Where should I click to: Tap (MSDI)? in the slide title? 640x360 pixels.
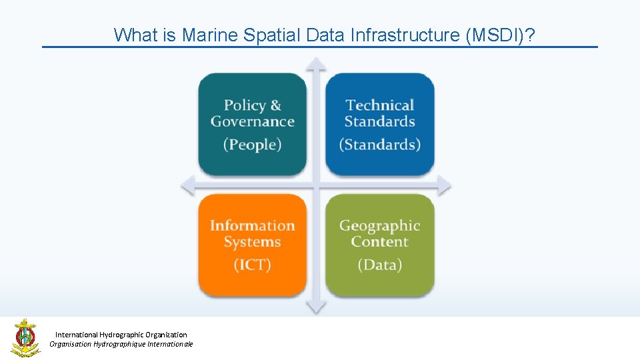pyautogui.click(x=501, y=35)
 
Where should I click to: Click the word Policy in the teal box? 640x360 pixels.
pyautogui.click(x=245, y=105)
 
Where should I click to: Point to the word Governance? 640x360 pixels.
pyautogui.click(x=253, y=122)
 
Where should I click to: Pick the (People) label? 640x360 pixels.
pyautogui.click(x=253, y=145)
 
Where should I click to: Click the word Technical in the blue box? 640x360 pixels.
pyautogui.click(x=380, y=105)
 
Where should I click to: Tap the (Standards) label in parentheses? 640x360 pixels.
pyautogui.click(x=380, y=145)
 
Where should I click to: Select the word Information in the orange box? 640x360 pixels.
pyautogui.click(x=253, y=226)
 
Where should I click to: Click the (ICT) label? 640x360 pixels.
pyautogui.click(x=253, y=265)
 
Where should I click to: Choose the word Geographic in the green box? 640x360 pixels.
pyautogui.click(x=380, y=226)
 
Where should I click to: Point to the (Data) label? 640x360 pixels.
pyautogui.click(x=380, y=265)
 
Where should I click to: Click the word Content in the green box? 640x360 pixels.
pyautogui.click(x=380, y=242)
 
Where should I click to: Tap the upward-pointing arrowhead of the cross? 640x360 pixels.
pyautogui.click(x=316, y=64)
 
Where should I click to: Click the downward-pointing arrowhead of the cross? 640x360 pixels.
pyautogui.click(x=316, y=307)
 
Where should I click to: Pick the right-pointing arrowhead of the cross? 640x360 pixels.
pyautogui.click(x=443, y=185)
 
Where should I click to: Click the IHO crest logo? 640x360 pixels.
pyautogui.click(x=25, y=338)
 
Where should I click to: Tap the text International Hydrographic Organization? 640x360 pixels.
pyautogui.click(x=121, y=335)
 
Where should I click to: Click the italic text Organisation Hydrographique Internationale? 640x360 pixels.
pyautogui.click(x=121, y=344)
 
